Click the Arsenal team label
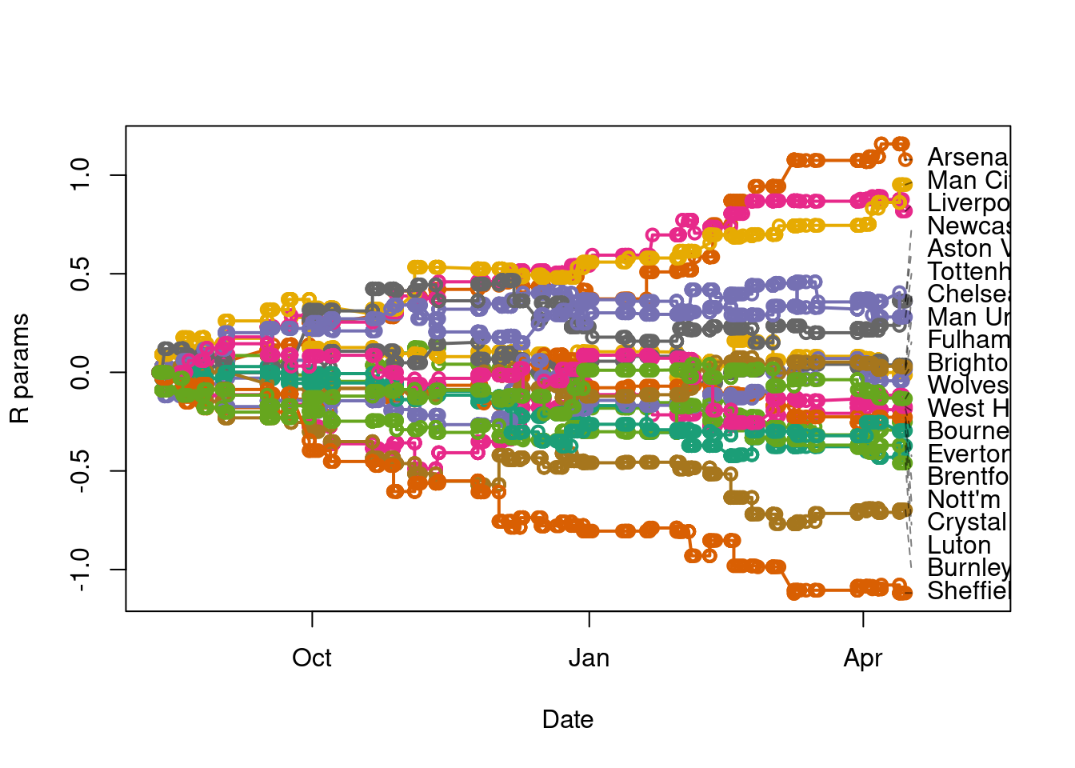tap(968, 158)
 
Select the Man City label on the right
tap(968, 181)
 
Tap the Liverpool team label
tap(968, 203)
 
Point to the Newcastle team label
tap(968, 226)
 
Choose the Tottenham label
tap(968, 272)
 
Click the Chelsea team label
tap(968, 294)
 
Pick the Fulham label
tap(968, 340)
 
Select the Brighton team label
tap(968, 363)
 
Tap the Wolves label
tap(968, 386)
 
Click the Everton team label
tap(968, 454)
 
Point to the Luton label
tap(959, 546)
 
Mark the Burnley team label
tap(968, 568)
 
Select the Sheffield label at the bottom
tap(968, 591)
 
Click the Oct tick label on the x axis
tap(312, 658)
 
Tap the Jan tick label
tap(589, 658)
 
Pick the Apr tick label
tap(863, 658)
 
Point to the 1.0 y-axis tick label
tap(81, 174)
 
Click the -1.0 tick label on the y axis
tap(81, 570)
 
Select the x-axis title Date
tap(568, 720)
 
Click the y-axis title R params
tap(20, 369)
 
